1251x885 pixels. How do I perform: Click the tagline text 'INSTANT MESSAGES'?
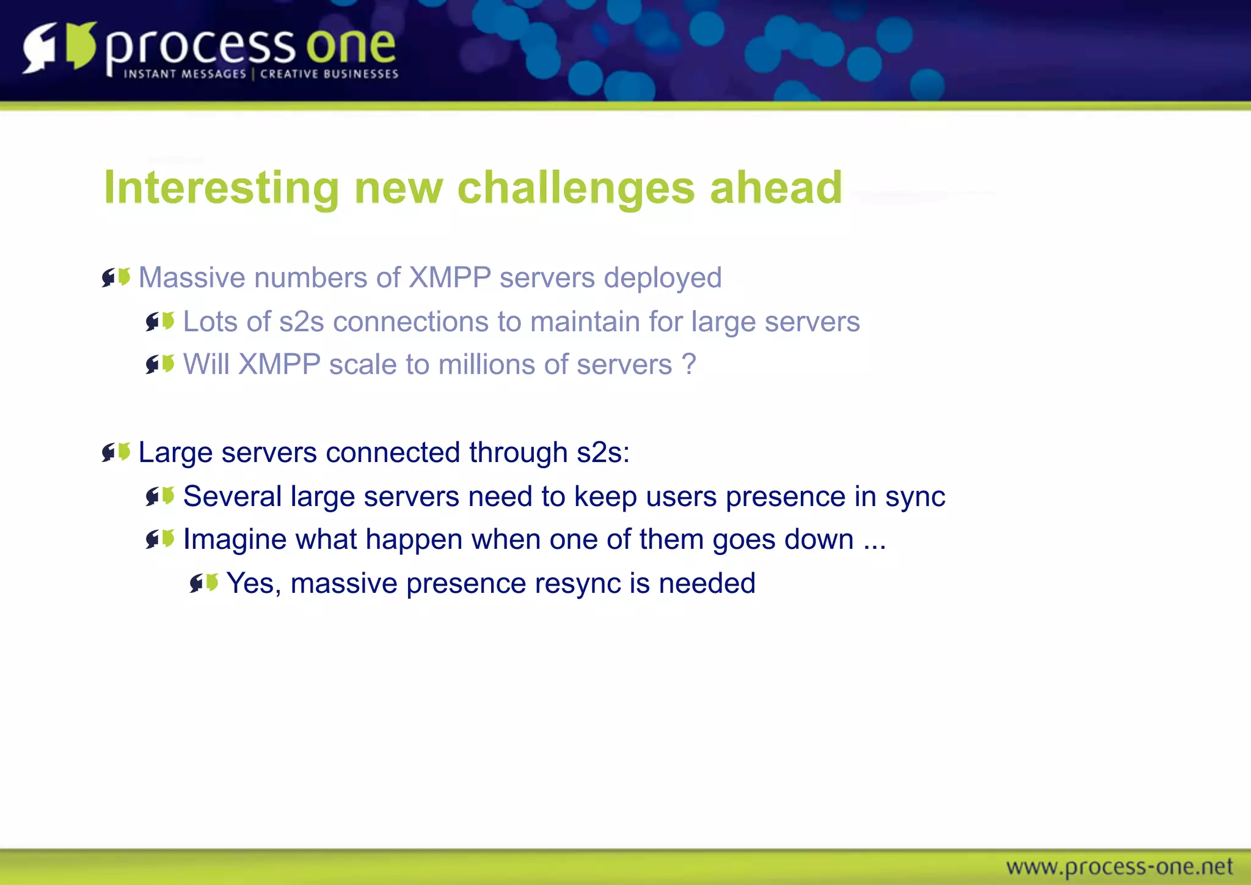tap(184, 74)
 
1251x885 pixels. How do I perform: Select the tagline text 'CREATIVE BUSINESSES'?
tap(329, 74)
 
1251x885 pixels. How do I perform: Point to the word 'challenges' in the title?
tap(575, 188)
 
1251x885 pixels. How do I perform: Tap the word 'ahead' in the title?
tap(776, 188)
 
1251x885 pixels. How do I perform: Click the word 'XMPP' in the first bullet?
tap(450, 277)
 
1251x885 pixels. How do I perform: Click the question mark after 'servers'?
tap(688, 365)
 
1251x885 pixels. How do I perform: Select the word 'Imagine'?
tap(235, 540)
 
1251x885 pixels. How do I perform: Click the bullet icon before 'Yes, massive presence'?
tap(203, 583)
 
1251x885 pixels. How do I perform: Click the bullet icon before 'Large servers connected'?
tap(116, 452)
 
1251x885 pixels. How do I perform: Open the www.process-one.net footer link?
tap(1119, 867)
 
